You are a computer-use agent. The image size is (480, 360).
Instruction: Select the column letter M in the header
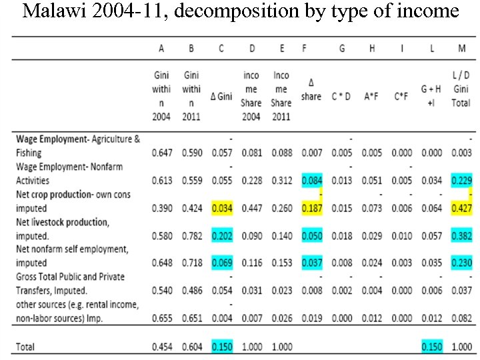pyautogui.click(x=461, y=48)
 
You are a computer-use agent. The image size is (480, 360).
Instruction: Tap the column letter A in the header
pyautogui.click(x=161, y=48)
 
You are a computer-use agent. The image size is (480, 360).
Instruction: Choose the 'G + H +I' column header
pyautogui.click(x=431, y=97)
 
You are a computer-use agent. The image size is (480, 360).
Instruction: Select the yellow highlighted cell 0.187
pyautogui.click(x=311, y=208)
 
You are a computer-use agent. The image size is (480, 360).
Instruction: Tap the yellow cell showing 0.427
pyautogui.click(x=461, y=208)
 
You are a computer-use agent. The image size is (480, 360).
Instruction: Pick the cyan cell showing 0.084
pyautogui.click(x=311, y=181)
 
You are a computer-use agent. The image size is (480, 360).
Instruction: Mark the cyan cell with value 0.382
pyautogui.click(x=461, y=236)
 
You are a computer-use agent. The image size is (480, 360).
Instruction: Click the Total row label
pyautogui.click(x=25, y=347)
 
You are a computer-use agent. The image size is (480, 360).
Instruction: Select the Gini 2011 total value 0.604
pyautogui.click(x=191, y=347)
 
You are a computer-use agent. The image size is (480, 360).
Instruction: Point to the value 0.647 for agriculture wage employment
pyautogui.click(x=161, y=153)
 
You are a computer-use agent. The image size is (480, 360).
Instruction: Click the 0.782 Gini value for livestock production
pyautogui.click(x=191, y=236)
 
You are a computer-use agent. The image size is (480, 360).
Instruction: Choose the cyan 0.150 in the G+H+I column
pyautogui.click(x=431, y=347)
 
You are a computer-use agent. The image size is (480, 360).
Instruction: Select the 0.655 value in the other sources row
pyautogui.click(x=161, y=319)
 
